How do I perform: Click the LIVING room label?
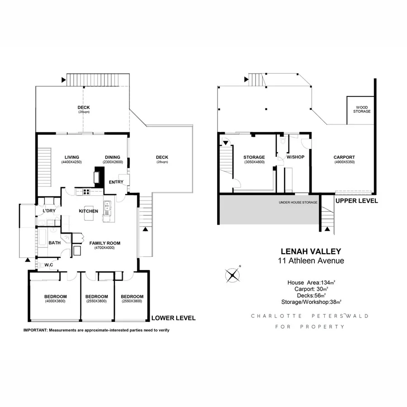coord(71,157)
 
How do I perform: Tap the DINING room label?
coord(113,157)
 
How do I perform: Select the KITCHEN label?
coord(88,211)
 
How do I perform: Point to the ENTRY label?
coord(116,182)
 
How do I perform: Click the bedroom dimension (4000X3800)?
coord(55,301)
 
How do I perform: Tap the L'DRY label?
coord(49,211)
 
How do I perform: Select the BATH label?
coord(55,243)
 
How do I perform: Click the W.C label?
coord(48,265)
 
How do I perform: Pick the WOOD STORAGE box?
coord(360,109)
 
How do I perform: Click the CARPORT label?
coord(344,157)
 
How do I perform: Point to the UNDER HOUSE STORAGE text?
coord(298,202)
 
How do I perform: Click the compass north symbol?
coord(232,274)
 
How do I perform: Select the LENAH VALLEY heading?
coord(311,251)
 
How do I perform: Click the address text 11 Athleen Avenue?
coord(311,260)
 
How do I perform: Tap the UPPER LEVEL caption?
coord(356,201)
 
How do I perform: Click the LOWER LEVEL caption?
coord(174,318)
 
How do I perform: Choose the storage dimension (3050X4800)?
coord(254,162)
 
